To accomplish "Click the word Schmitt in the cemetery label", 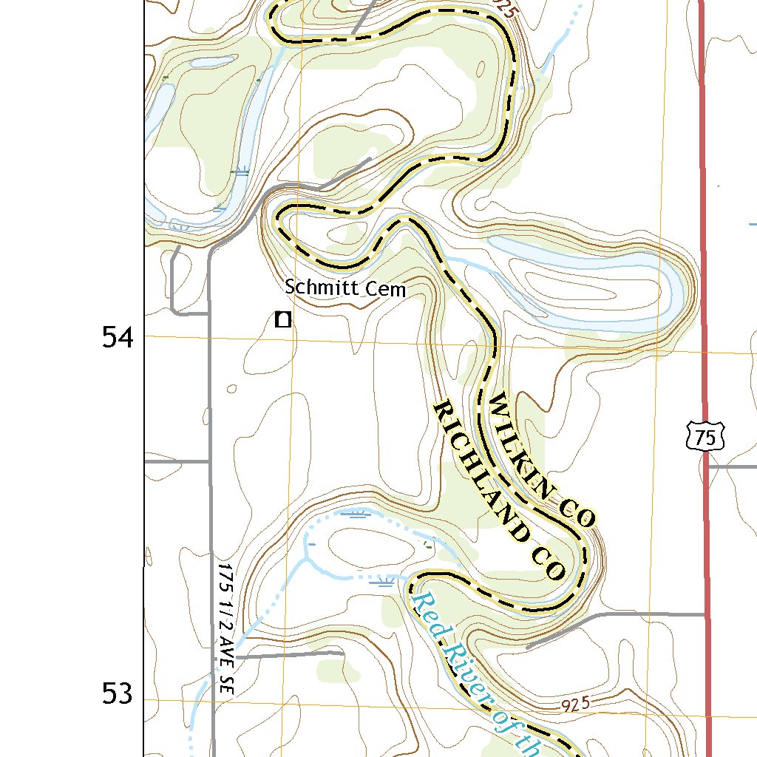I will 320,288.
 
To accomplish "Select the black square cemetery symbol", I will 282,319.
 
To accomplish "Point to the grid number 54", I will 118,339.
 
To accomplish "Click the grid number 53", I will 118,694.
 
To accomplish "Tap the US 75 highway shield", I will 705,436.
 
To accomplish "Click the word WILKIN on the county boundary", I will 521,443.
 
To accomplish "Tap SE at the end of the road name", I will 226,680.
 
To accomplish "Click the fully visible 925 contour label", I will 574,705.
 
